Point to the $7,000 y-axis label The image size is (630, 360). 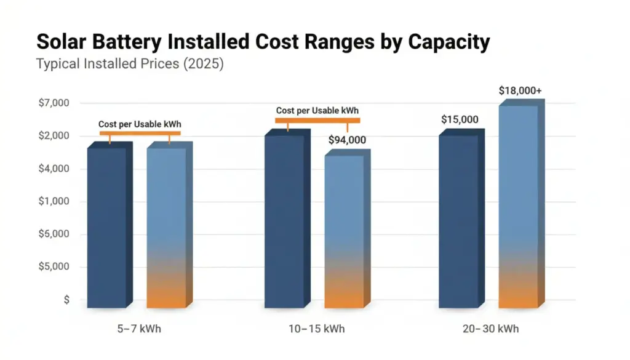click(54, 103)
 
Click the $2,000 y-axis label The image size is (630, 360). click(54, 135)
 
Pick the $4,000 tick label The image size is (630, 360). click(54, 169)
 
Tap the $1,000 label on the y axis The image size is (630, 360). click(54, 201)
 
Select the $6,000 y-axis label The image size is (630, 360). click(54, 234)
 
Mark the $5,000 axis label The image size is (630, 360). click(54, 267)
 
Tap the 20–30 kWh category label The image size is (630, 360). click(490, 329)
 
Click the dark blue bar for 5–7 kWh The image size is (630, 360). click(106, 228)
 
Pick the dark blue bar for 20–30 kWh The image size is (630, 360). click(458, 222)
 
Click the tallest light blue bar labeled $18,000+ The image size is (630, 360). click(517, 206)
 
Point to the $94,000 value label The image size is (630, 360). click(347, 140)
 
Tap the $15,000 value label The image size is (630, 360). click(460, 119)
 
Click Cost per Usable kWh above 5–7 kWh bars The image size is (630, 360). click(140, 124)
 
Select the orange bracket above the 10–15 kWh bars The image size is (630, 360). click(317, 121)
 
